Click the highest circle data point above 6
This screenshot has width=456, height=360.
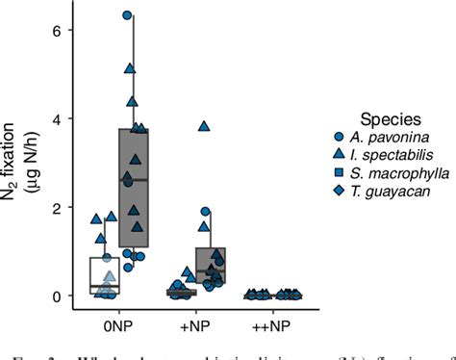coord(127,16)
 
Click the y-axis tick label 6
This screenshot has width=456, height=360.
coord(56,31)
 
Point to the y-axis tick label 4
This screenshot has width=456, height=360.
coord(56,119)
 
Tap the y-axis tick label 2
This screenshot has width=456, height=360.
coord(56,208)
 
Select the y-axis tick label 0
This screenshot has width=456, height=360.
coord(56,296)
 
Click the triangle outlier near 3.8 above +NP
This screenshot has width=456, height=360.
coord(204,126)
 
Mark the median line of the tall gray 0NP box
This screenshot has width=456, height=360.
coord(134,180)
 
